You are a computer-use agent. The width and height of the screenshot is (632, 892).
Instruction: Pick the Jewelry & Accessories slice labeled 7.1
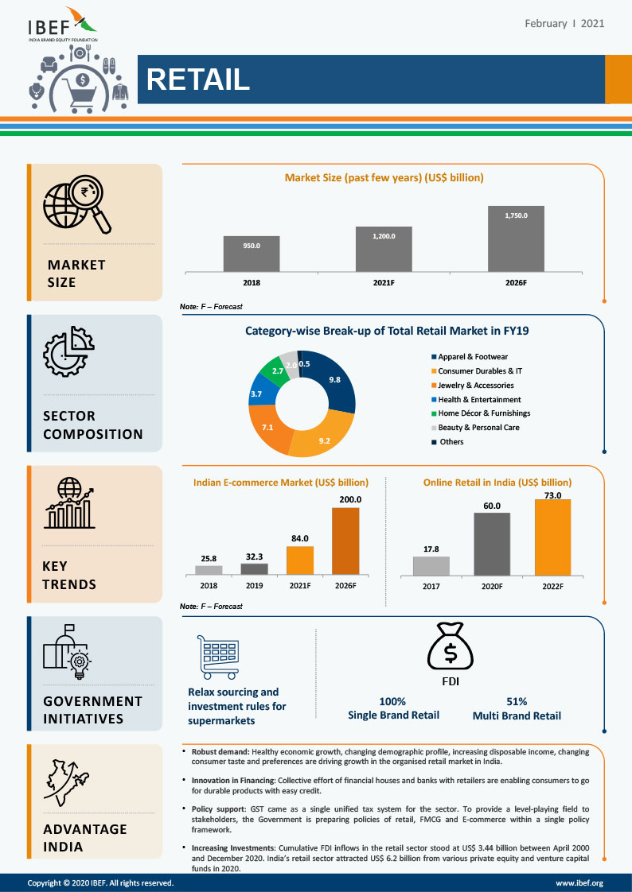point(268,427)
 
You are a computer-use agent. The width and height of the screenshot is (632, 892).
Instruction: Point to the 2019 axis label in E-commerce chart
point(255,585)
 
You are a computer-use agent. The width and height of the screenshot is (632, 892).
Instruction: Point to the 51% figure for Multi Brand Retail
point(517,701)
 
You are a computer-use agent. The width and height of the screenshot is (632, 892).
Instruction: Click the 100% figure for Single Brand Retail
point(393,701)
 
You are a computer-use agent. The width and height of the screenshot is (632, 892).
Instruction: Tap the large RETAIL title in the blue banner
point(198,80)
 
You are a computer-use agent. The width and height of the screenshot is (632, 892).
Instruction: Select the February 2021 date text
point(564,23)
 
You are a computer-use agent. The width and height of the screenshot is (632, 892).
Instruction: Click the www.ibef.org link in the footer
point(579,882)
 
